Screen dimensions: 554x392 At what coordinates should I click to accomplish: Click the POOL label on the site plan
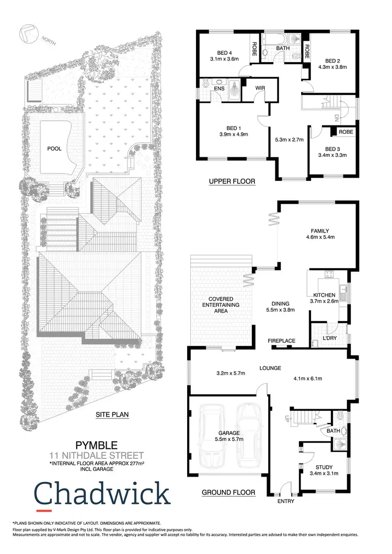(54, 148)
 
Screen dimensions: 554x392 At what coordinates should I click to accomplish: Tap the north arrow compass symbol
(27, 33)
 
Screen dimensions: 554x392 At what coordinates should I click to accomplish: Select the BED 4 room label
(224, 51)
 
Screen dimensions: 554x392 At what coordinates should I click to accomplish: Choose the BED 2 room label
(332, 60)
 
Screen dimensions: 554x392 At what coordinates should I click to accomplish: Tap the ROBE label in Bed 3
(345, 132)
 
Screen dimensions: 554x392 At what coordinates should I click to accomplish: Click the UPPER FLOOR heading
(232, 182)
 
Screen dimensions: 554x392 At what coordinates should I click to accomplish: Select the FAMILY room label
(320, 231)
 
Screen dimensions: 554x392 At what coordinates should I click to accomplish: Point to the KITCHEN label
(324, 295)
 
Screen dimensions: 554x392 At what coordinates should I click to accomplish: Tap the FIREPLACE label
(282, 341)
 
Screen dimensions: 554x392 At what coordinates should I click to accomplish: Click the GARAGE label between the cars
(229, 433)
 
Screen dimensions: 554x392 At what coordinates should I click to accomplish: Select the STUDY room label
(324, 467)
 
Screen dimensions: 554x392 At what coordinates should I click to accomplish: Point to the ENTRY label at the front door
(285, 501)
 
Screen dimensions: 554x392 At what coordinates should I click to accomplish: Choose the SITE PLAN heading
(112, 415)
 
